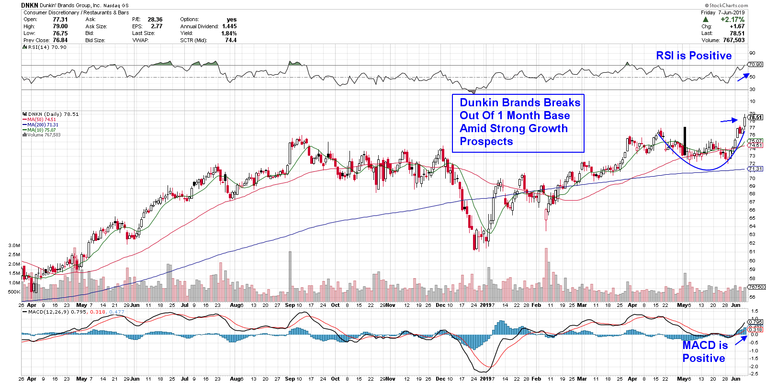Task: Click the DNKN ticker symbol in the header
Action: (30, 5)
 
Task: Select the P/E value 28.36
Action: (155, 20)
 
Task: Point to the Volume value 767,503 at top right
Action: (734, 40)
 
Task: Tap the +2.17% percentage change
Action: (732, 20)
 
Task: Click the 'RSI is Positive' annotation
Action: (694, 56)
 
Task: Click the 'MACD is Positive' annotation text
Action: (704, 351)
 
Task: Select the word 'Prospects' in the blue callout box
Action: (486, 141)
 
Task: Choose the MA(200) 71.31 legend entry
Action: (43, 124)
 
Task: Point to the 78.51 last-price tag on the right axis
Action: (755, 117)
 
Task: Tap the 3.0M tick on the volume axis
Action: (14, 245)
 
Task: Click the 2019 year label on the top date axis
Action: (486, 305)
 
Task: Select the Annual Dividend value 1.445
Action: (229, 26)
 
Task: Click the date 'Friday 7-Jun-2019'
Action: (722, 12)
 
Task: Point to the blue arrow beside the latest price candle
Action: (729, 120)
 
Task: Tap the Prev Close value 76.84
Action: (60, 40)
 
